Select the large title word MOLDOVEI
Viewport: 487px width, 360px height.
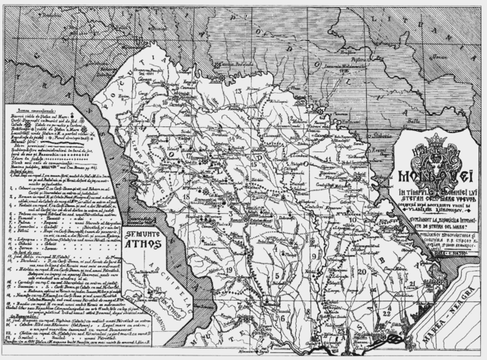pyautogui.click(x=437, y=177)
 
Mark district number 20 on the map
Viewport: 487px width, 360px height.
pyautogui.click(x=364, y=271)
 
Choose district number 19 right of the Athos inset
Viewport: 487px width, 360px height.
pyautogui.click(x=229, y=270)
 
